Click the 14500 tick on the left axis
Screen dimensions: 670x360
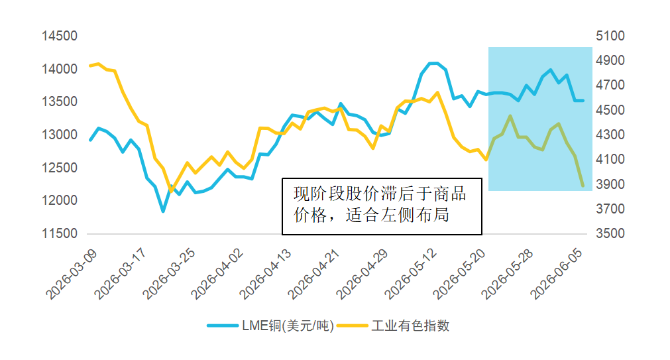[x=60, y=36]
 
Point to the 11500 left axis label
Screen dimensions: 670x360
[x=60, y=233]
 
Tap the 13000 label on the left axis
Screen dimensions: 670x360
[x=60, y=135]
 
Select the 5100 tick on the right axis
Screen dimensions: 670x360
[x=610, y=36]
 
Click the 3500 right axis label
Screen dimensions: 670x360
[x=610, y=233]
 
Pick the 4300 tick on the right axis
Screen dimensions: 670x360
[x=610, y=135]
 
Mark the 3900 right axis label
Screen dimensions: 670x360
[x=610, y=184]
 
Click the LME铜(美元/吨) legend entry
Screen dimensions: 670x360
[x=270, y=326]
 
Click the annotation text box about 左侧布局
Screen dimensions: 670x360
[x=382, y=206]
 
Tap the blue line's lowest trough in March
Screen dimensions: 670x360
[x=163, y=211]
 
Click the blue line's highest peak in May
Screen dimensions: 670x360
[x=433, y=63]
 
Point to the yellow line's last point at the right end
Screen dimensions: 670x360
[x=583, y=186]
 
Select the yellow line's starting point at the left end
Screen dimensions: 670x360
[x=90, y=66]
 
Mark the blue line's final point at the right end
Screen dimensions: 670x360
[x=583, y=101]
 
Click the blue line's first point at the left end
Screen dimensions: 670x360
[x=90, y=140]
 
